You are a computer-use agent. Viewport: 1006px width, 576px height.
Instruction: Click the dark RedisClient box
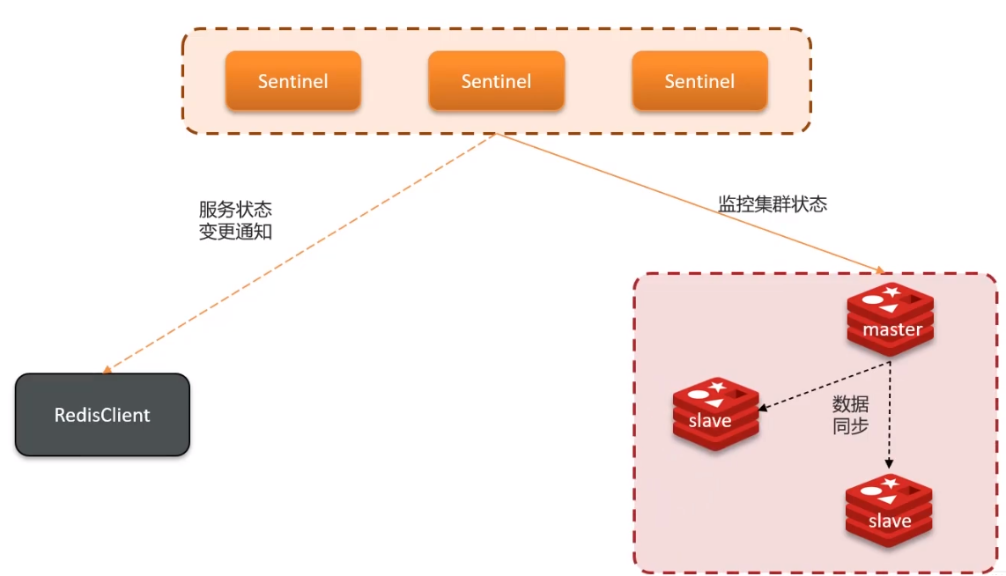(102, 415)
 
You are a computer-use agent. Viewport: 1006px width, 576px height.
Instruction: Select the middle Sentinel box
(496, 81)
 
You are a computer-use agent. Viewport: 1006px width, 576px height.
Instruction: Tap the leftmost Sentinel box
(292, 81)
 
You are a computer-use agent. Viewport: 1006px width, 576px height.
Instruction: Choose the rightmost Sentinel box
(699, 81)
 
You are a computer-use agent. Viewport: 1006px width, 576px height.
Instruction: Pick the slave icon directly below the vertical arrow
(889, 511)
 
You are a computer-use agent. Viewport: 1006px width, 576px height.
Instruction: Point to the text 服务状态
(235, 210)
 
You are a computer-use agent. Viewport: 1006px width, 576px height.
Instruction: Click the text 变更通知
(235, 233)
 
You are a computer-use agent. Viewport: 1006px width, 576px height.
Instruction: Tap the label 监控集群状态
(773, 204)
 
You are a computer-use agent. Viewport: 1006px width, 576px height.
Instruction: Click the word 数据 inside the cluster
(850, 404)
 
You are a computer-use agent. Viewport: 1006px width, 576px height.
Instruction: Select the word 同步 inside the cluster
(850, 427)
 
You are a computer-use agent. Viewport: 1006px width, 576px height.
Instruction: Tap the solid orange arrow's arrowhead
(879, 270)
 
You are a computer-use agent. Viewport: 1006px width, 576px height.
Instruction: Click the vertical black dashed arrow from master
(890, 414)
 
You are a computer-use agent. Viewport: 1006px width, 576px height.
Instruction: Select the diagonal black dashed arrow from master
(824, 385)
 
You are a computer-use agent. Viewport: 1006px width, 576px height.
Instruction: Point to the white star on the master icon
(892, 291)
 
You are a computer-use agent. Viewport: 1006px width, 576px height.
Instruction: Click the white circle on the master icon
(872, 300)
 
